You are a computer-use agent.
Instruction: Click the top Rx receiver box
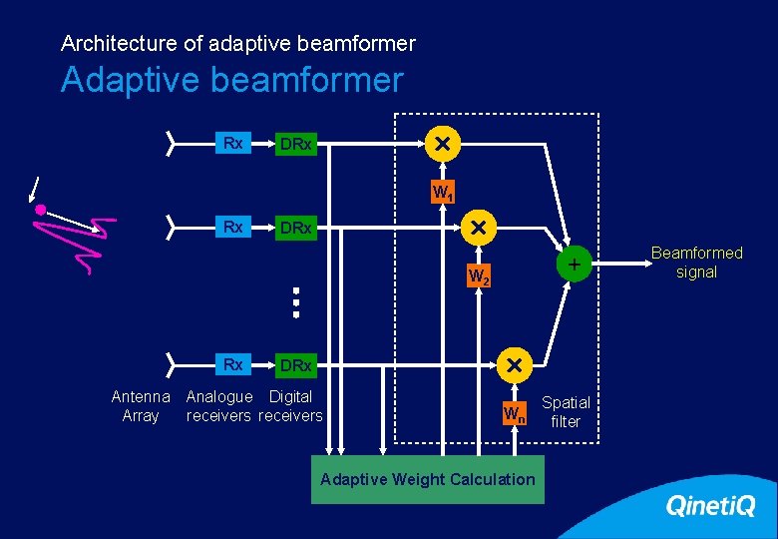[233, 144]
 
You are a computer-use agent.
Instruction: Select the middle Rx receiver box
[233, 227]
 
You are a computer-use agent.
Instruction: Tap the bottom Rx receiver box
[233, 364]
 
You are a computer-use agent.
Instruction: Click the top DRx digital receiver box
[296, 146]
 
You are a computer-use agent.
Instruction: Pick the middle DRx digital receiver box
[296, 229]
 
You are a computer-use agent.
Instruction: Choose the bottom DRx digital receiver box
[296, 366]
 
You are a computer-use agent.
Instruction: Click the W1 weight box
[441, 192]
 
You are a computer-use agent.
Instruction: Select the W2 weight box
[479, 275]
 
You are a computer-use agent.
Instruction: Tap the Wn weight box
[514, 413]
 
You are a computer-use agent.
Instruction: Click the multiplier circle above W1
[441, 145]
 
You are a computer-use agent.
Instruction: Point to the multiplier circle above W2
[478, 228]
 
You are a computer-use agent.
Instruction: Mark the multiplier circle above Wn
[515, 365]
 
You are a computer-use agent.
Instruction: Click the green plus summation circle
[575, 265]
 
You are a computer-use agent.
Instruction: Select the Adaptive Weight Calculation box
[428, 479]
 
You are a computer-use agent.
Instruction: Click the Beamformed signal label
[696, 263]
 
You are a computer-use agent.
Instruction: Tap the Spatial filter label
[566, 411]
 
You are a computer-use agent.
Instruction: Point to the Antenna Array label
[141, 406]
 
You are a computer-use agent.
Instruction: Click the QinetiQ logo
[710, 506]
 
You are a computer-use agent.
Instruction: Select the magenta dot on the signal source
[41, 211]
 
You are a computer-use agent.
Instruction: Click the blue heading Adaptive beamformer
[231, 80]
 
